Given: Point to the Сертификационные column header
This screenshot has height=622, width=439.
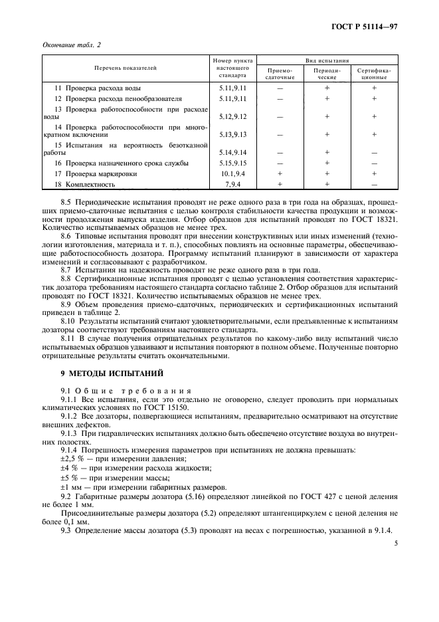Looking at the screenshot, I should point(374,73).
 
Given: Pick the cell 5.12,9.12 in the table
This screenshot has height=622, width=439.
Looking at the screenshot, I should point(232,116).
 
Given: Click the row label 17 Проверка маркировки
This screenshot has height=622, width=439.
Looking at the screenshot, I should point(96,173).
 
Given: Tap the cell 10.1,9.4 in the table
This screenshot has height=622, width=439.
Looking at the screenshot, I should point(232,173).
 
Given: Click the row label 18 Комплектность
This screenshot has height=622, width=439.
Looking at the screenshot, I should point(86,184).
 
